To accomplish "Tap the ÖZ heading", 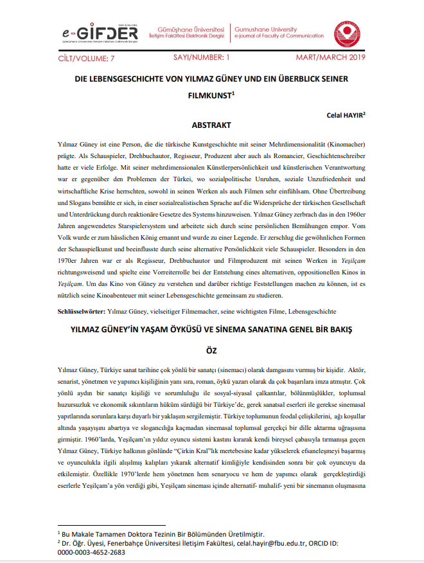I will click(211, 351).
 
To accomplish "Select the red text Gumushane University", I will click(266, 29).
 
